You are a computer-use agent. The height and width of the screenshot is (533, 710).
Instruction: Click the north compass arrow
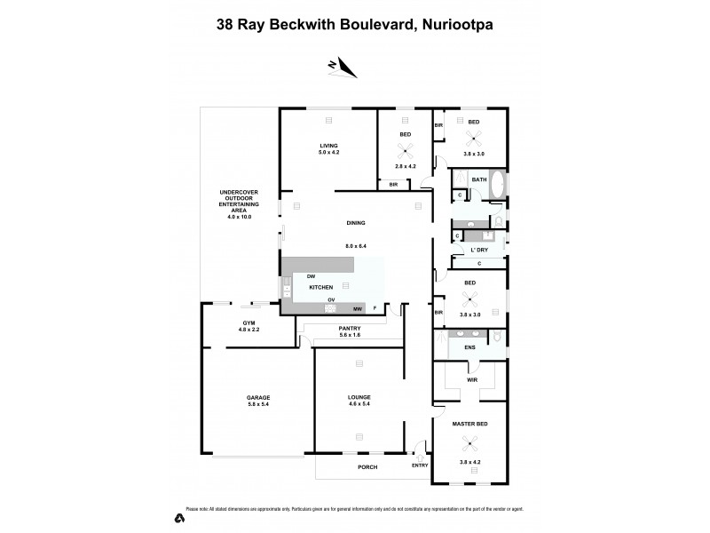[x=342, y=68]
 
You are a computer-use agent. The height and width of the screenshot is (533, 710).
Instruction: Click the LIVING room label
[x=329, y=146]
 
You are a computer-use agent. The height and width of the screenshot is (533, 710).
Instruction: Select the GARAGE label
[x=258, y=397]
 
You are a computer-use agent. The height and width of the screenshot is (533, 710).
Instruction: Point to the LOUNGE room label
[x=359, y=397]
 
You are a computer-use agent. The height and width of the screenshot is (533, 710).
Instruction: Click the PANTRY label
[x=349, y=328]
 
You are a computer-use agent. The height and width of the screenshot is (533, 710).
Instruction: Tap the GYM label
[x=248, y=322]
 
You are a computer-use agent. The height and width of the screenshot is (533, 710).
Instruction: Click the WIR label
[x=471, y=379]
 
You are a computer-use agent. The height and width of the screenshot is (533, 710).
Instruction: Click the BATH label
[x=479, y=179]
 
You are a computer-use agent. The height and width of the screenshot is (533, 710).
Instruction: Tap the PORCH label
[x=367, y=466]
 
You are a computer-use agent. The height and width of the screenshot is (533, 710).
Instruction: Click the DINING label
[x=356, y=223]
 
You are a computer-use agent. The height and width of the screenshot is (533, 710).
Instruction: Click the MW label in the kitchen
[x=357, y=308]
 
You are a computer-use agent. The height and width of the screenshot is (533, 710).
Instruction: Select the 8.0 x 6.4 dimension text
[x=356, y=245]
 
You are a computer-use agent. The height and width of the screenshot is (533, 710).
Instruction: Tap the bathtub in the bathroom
[x=497, y=185]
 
